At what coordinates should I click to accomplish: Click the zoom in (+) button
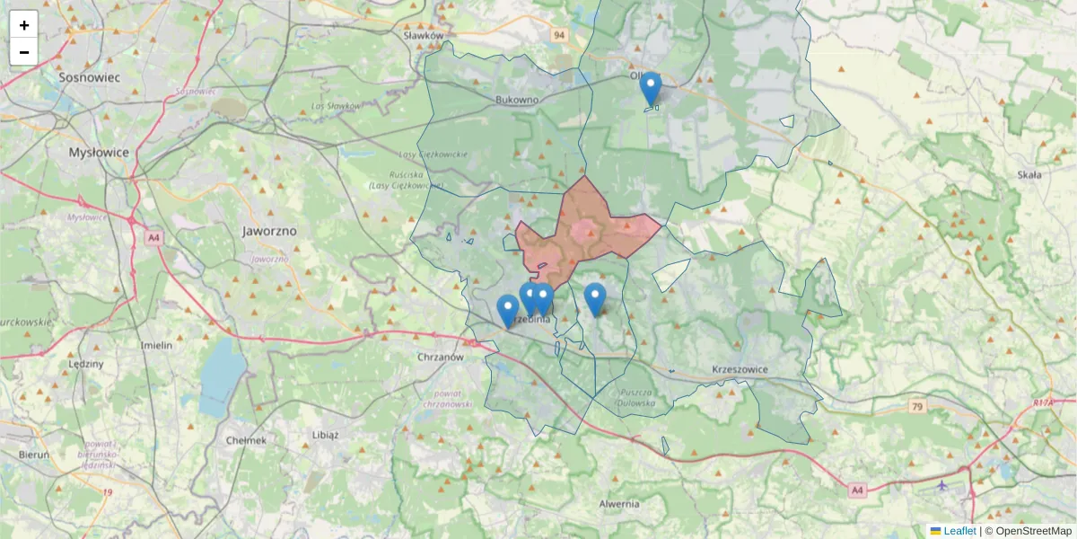coord(24,25)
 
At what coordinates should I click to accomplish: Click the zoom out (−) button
coord(24,52)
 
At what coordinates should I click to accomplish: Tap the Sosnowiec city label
coord(89,77)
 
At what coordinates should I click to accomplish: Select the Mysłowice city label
coord(99,153)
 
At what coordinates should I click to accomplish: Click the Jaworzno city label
coord(269,230)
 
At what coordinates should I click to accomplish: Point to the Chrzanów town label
coord(440,357)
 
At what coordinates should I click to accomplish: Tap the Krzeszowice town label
coord(741,369)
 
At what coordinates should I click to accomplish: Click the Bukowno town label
coord(516,100)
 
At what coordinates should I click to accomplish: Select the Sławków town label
coord(425,36)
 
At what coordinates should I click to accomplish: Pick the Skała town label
coord(1029,174)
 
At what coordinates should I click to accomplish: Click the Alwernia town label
coord(619,503)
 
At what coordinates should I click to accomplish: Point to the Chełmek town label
coord(247,440)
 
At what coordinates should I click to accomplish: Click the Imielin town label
coord(156,344)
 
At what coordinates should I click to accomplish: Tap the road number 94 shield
coord(560,35)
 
